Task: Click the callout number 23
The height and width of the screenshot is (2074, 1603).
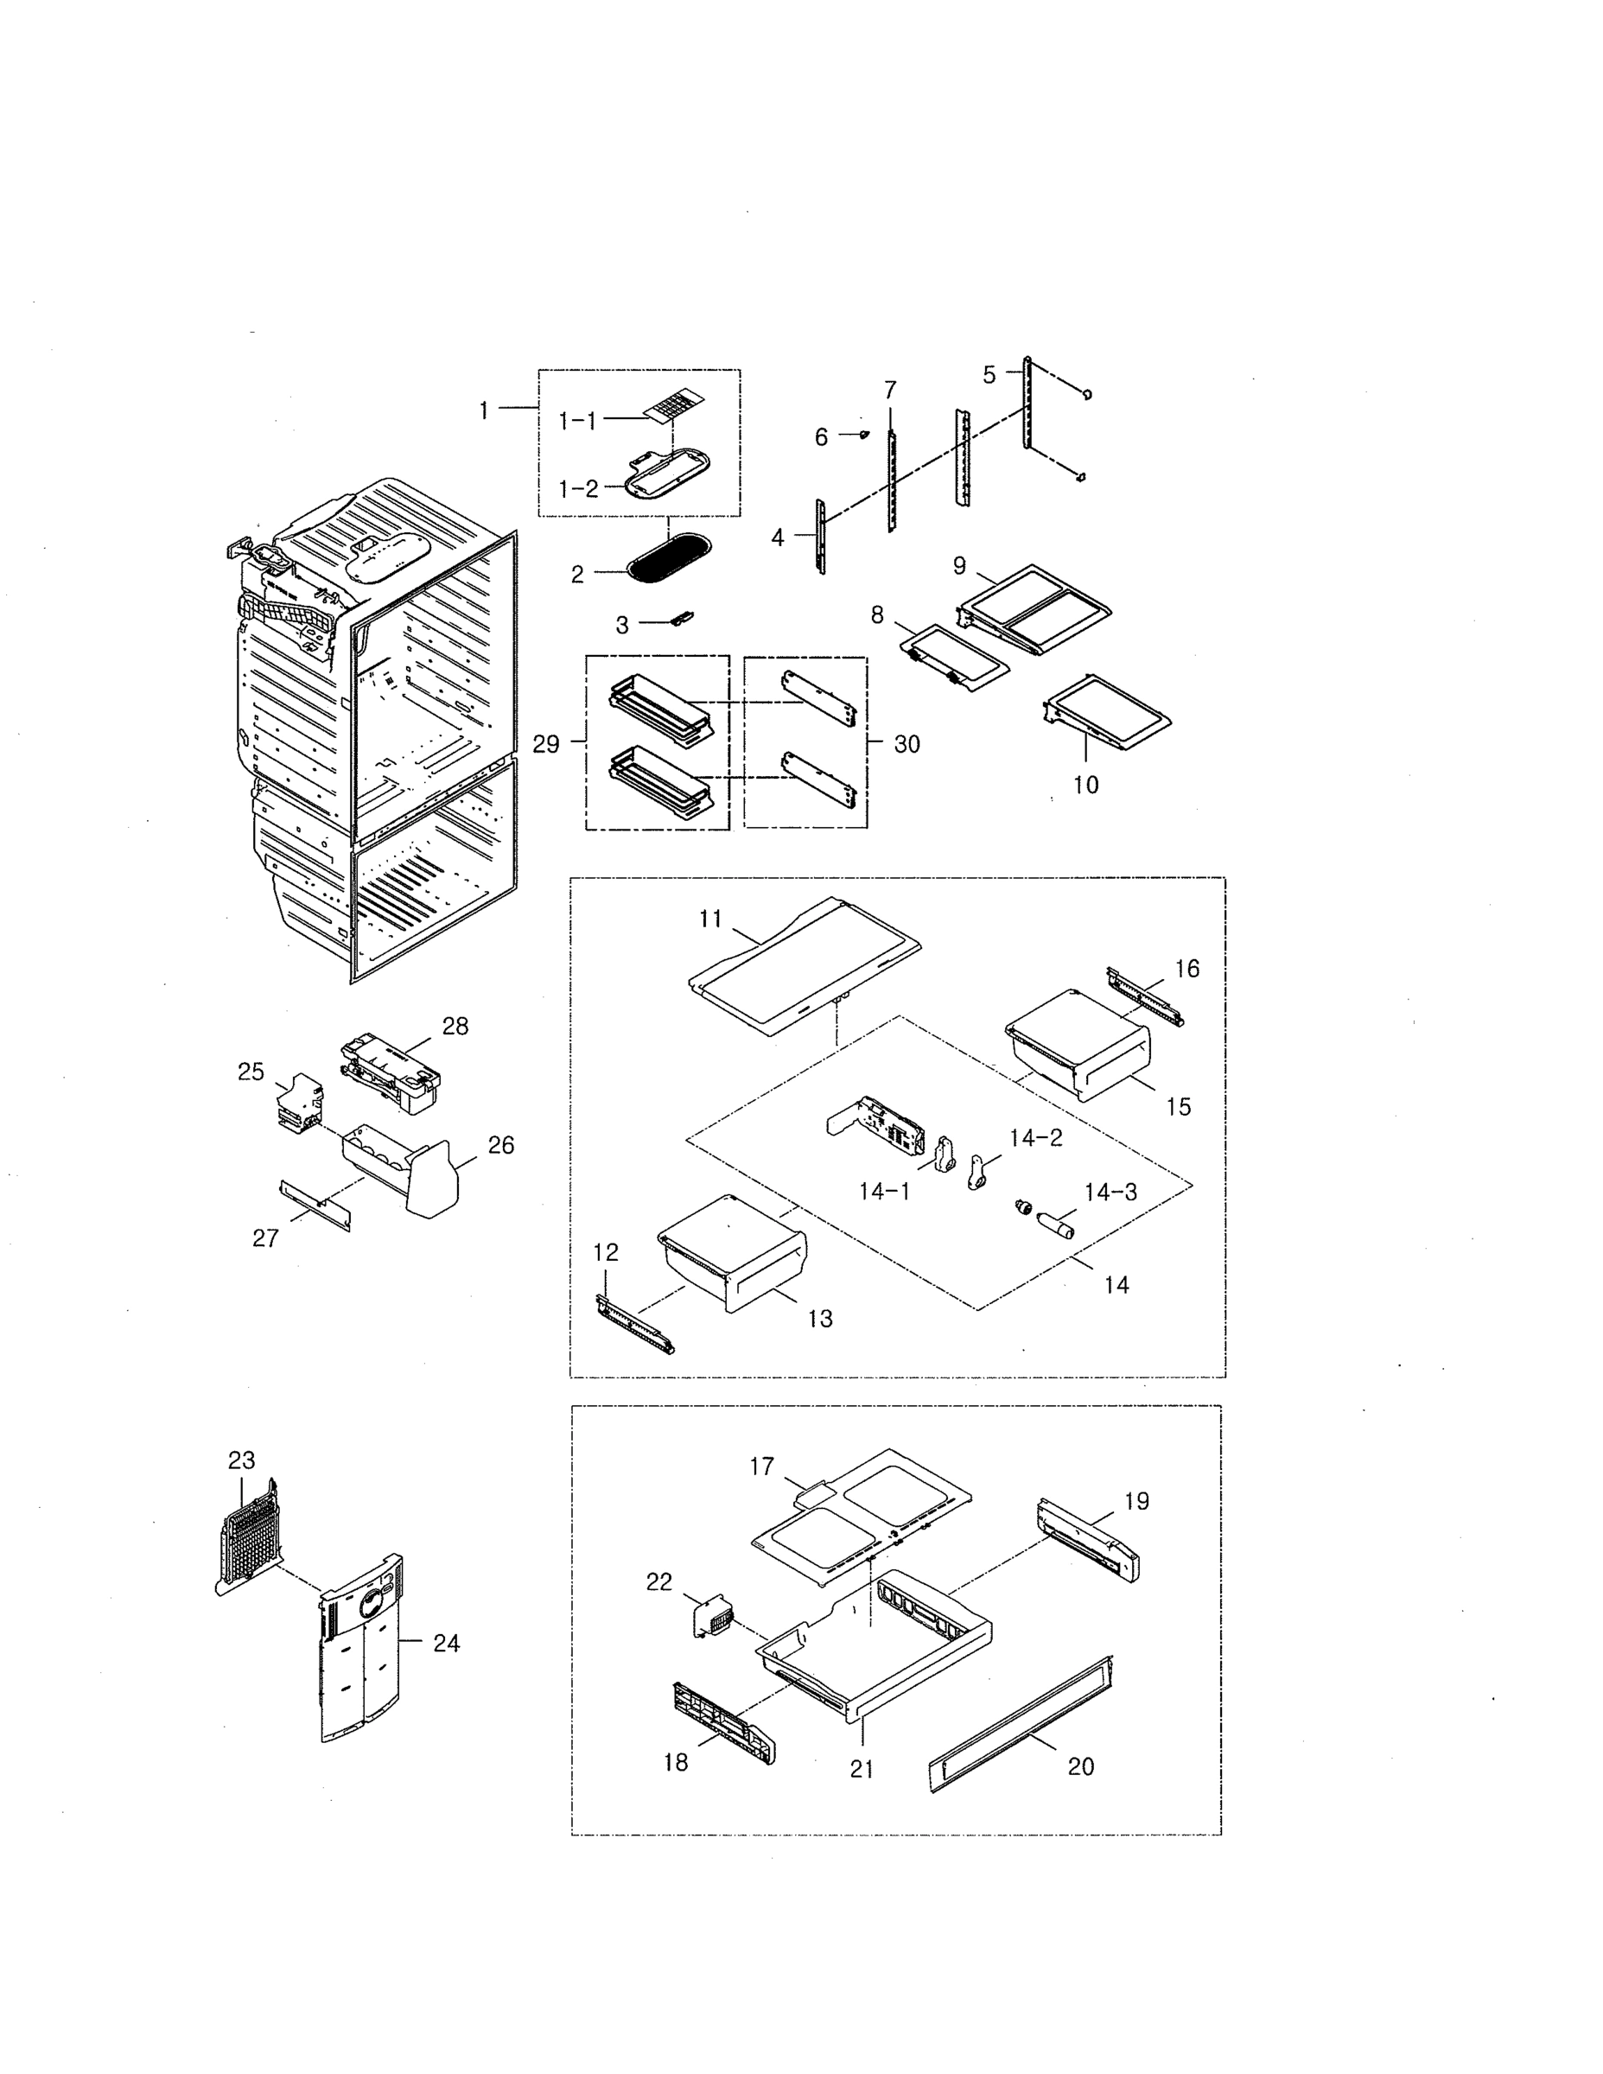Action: point(241,1460)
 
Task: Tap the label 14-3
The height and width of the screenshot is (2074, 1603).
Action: point(1110,1192)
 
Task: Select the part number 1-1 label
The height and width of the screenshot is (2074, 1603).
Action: point(577,420)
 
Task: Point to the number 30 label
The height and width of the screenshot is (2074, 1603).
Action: point(906,745)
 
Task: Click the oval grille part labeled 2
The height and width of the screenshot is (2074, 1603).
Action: point(670,557)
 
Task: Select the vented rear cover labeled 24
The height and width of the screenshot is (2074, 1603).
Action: point(361,1652)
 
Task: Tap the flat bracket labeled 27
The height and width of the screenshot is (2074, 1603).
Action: point(315,1206)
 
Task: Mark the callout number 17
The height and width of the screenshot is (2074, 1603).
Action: point(761,1466)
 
